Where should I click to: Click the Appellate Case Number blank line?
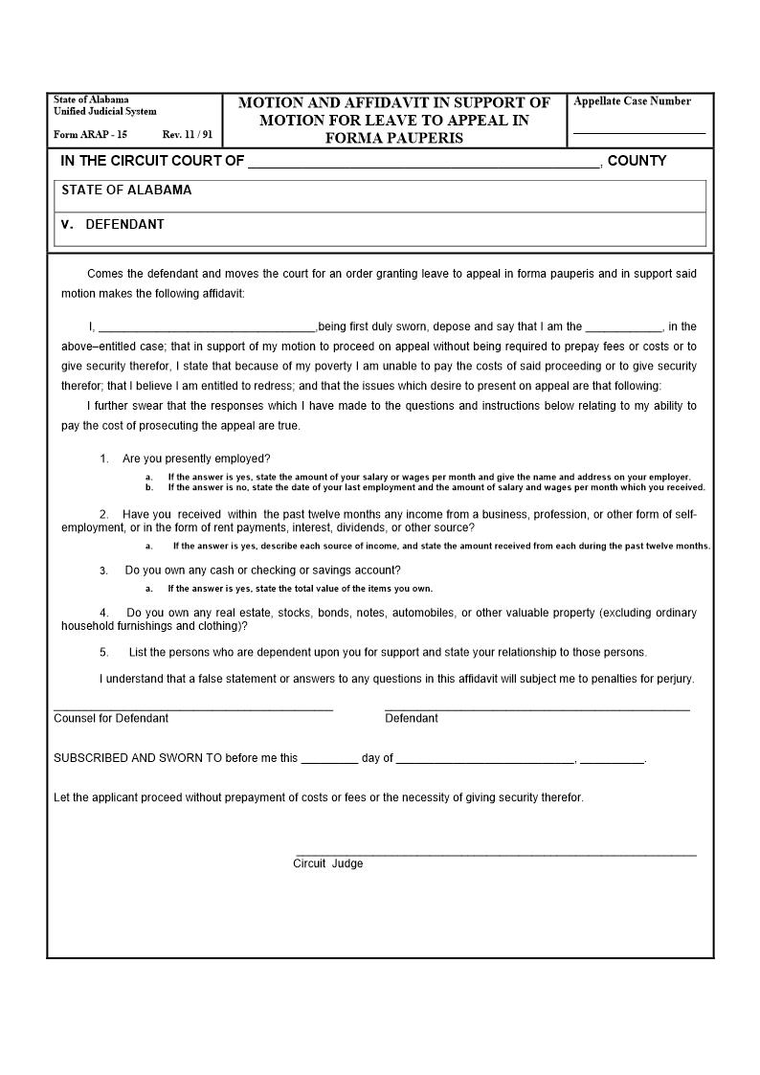coord(638,132)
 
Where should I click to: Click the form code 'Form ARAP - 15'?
coord(90,135)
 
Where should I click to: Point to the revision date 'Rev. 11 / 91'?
coord(188,135)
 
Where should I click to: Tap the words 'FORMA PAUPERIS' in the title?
coord(394,138)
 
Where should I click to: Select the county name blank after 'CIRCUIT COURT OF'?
coord(424,166)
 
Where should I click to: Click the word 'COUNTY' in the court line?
coord(637,161)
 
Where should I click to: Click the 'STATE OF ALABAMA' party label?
coord(126,190)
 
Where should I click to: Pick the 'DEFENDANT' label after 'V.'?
coord(124,224)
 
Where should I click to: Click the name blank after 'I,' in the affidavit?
coord(207,330)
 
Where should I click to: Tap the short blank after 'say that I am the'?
coord(623,330)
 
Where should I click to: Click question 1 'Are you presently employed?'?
coord(196,459)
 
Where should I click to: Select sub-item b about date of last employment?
coord(436,487)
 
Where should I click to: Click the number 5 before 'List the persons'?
coord(104,653)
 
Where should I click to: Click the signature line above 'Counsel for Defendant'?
coord(193,709)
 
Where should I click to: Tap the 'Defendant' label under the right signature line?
coord(412,718)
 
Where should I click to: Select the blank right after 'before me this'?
coord(329,762)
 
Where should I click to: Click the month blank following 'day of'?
coord(485,762)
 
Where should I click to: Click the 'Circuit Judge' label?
coord(328,863)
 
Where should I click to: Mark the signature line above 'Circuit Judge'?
coord(496,855)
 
